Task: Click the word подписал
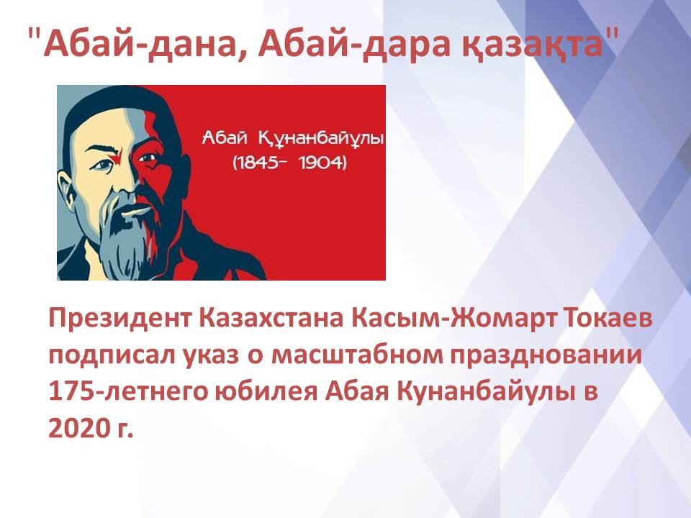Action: [110, 355]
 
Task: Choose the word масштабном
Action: [356, 355]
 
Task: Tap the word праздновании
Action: [546, 355]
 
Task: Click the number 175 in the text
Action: [70, 391]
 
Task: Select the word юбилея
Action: [266, 391]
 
